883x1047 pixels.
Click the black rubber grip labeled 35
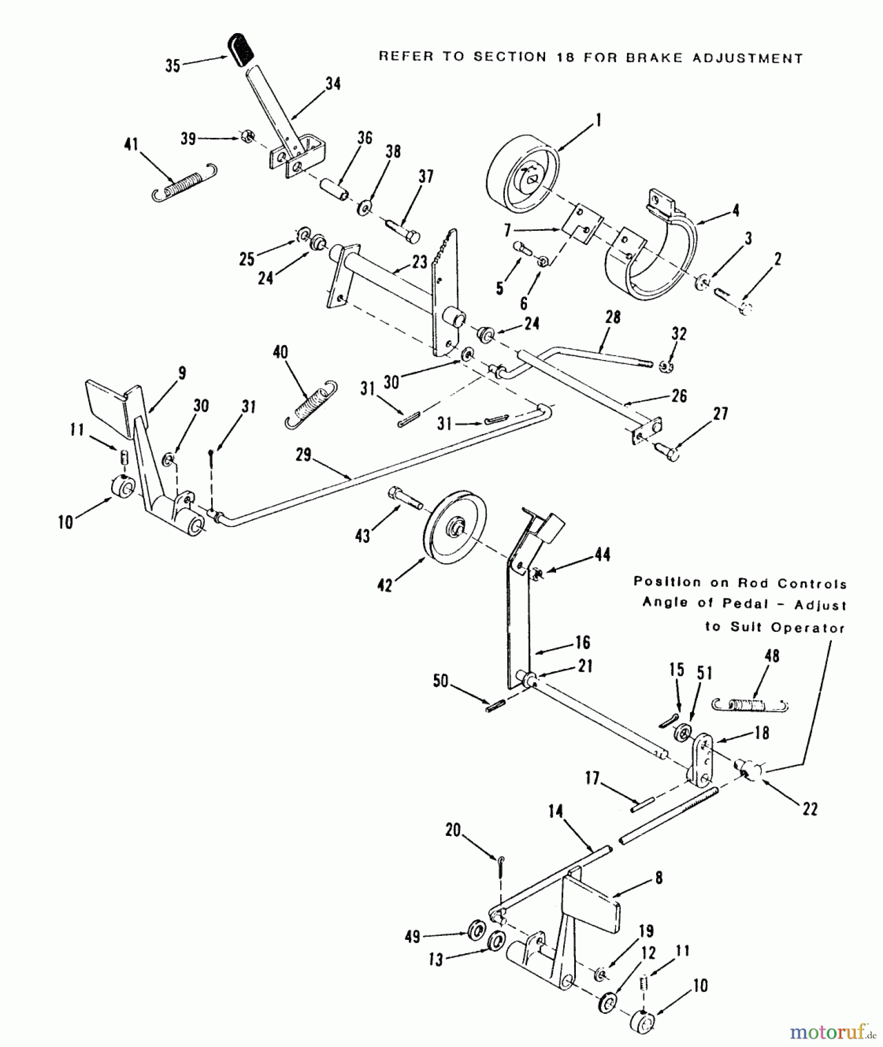click(241, 50)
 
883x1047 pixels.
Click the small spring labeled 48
click(749, 704)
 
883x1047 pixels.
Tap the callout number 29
click(304, 455)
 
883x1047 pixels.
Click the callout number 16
click(582, 642)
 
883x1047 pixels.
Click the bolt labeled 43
click(404, 498)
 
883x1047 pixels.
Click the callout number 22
click(810, 809)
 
